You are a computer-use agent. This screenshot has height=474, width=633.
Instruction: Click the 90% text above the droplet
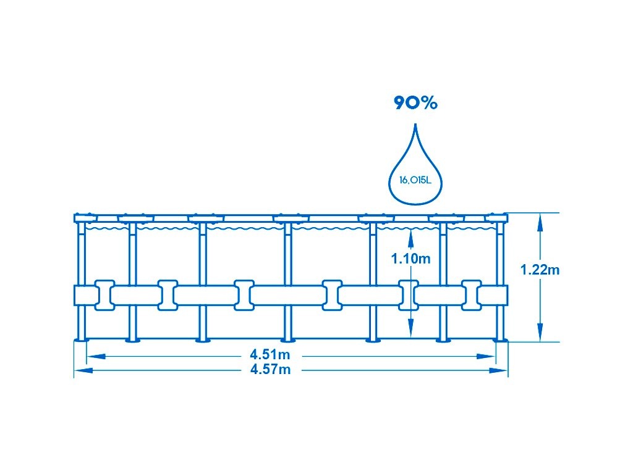(x=416, y=103)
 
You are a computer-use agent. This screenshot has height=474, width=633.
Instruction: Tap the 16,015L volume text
(x=415, y=181)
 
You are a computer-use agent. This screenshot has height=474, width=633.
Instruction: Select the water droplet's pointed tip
(x=415, y=127)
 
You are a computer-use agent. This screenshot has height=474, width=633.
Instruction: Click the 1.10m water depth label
(x=410, y=259)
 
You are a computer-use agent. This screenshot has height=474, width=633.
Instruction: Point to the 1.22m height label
(x=540, y=270)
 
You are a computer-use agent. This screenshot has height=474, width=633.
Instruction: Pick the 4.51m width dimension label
(x=270, y=355)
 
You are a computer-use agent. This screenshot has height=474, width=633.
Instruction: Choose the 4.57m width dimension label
(x=270, y=370)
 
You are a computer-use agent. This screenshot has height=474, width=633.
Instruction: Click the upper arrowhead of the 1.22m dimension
(x=540, y=218)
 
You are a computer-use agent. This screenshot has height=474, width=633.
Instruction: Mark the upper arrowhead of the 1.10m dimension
(x=410, y=233)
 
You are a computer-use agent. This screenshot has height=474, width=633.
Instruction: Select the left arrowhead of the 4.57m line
(x=80, y=371)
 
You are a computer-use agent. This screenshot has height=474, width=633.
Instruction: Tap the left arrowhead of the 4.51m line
(x=92, y=356)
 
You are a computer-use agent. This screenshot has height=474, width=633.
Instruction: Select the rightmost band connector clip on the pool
(x=472, y=295)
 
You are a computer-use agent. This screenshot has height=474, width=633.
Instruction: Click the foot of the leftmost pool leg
(x=81, y=339)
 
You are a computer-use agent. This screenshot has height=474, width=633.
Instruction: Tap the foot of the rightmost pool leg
(x=499, y=339)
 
